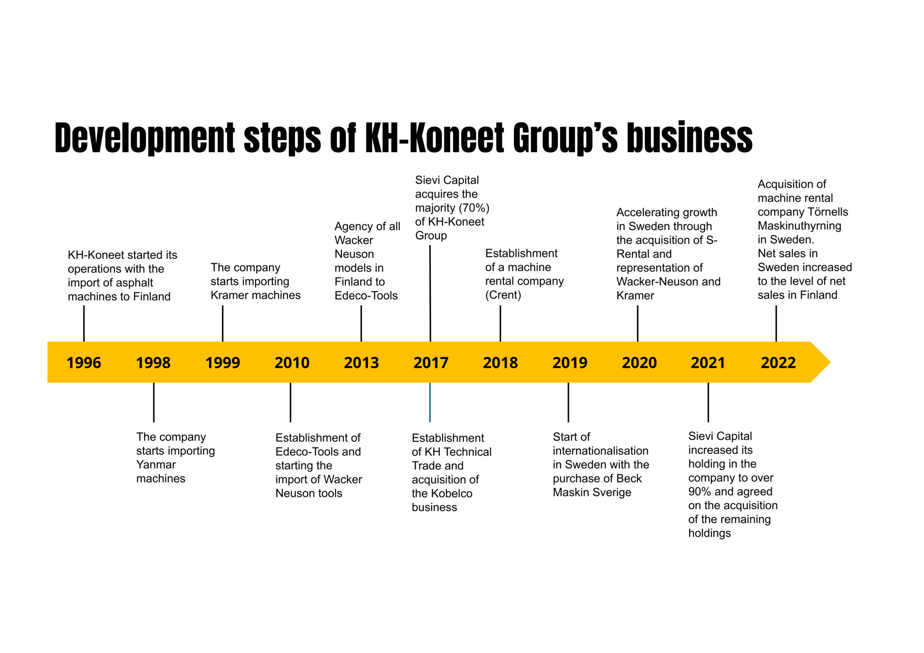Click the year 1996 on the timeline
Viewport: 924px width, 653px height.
tap(84, 363)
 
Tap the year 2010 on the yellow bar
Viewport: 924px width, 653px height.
tap(292, 363)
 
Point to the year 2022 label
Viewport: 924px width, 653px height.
tap(778, 363)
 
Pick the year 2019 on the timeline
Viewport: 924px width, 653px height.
tap(570, 363)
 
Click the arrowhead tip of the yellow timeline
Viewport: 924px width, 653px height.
tap(830, 362)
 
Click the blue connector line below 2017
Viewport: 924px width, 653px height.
tap(430, 402)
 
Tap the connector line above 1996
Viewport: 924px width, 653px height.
tap(84, 324)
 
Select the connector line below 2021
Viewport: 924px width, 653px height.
tap(708, 402)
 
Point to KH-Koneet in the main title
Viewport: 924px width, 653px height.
tap(435, 137)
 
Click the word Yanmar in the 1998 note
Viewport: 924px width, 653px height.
tap(156, 465)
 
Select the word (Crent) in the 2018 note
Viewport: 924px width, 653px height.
tap(503, 295)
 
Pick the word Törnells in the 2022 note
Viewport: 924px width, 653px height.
tap(828, 212)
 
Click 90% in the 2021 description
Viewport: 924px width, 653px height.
tap(700, 492)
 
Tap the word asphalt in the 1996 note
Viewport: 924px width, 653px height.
tap(134, 283)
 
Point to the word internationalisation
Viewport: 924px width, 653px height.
tap(601, 451)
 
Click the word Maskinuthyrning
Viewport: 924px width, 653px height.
tap(800, 226)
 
